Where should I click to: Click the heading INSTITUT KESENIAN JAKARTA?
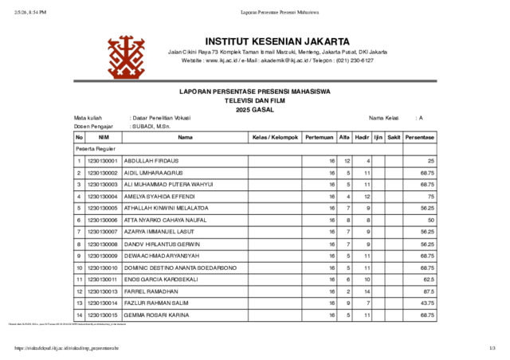coord(277,41)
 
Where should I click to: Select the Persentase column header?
coord(419,137)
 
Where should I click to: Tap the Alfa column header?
coord(344,137)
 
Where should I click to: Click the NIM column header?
coord(104,137)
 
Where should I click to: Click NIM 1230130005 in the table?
coord(103,208)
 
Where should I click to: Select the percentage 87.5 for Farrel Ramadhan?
coord(427,291)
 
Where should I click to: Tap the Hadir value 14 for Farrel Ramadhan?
coord(367,291)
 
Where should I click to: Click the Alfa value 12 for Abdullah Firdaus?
coord(347,161)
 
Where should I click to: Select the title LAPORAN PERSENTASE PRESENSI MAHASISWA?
coord(254,92)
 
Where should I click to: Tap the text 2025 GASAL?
coord(254,110)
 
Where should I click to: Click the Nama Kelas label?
coord(383,117)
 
